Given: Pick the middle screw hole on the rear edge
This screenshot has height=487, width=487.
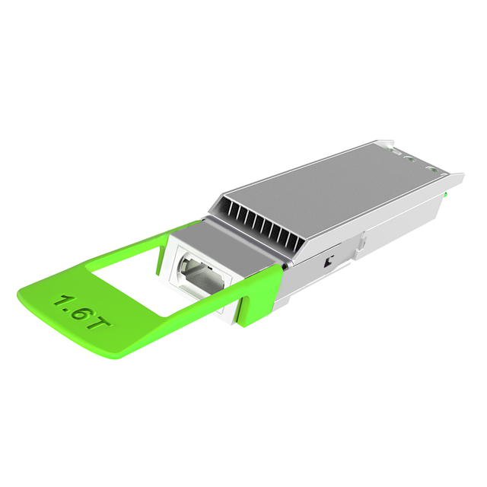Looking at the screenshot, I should click(x=412, y=161).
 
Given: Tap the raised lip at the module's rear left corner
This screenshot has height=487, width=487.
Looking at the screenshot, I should click(x=389, y=142).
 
